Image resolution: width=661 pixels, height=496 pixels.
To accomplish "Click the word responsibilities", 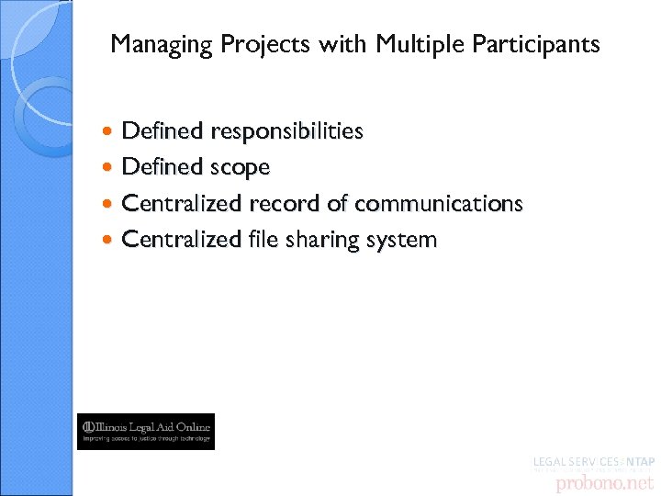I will click(x=286, y=131).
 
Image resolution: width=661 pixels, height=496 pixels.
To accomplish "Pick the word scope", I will click(x=240, y=168).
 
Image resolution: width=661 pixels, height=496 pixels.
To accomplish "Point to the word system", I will click(x=402, y=241).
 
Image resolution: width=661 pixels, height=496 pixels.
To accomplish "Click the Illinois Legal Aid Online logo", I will click(x=146, y=431).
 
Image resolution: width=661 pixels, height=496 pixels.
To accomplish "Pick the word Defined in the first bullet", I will click(x=162, y=131).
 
